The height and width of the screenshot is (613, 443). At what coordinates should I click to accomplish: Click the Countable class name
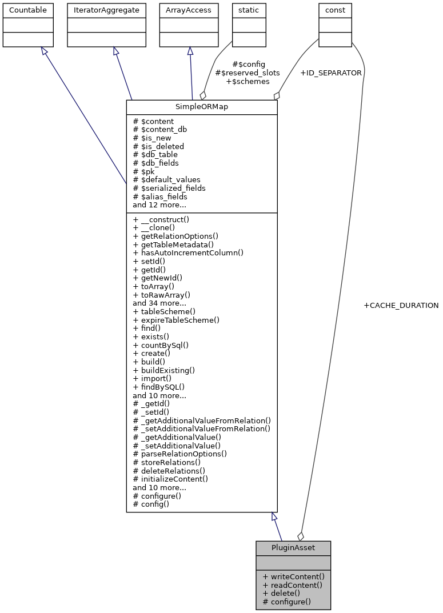28,10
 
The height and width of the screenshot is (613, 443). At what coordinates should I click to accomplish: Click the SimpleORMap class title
201,107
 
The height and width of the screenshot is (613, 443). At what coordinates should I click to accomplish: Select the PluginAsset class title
293,548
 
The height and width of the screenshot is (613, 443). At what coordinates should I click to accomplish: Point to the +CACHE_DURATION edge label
401,306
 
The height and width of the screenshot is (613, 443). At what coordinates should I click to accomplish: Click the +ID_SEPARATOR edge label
330,73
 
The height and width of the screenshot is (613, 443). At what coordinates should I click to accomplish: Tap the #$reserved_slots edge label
247,73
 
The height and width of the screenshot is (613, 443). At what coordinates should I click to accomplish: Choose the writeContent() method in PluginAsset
293,576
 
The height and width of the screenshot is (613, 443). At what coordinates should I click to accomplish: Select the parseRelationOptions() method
179,454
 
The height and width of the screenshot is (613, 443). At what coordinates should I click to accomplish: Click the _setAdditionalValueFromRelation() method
201,429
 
